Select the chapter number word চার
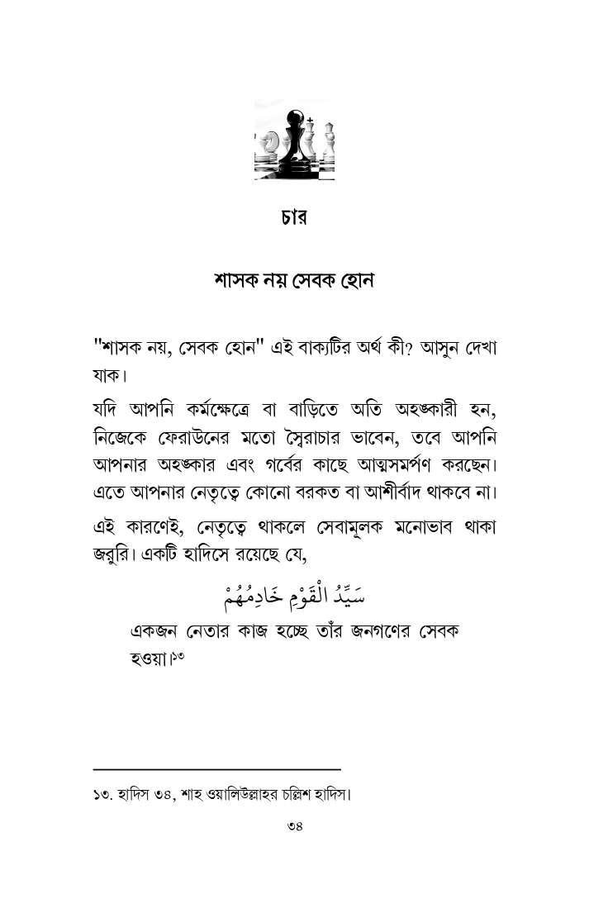click(x=294, y=221)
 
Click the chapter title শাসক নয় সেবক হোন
click(x=294, y=280)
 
